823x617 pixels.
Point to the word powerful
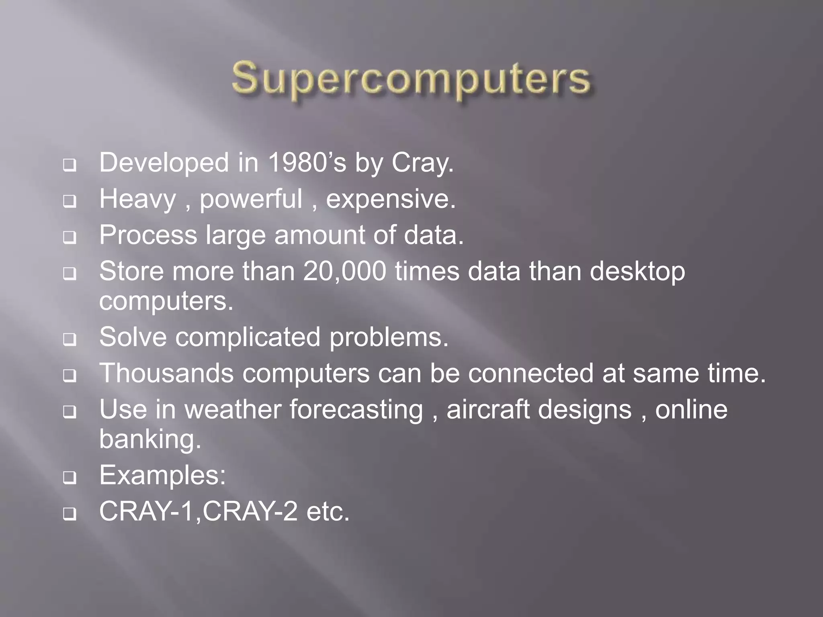[251, 200]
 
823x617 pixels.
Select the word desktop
[637, 272]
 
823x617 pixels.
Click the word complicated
[248, 337]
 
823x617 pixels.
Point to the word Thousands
[166, 373]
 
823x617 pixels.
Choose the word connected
[530, 373]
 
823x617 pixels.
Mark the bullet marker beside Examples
[70, 478]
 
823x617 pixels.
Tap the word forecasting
[356, 411]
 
